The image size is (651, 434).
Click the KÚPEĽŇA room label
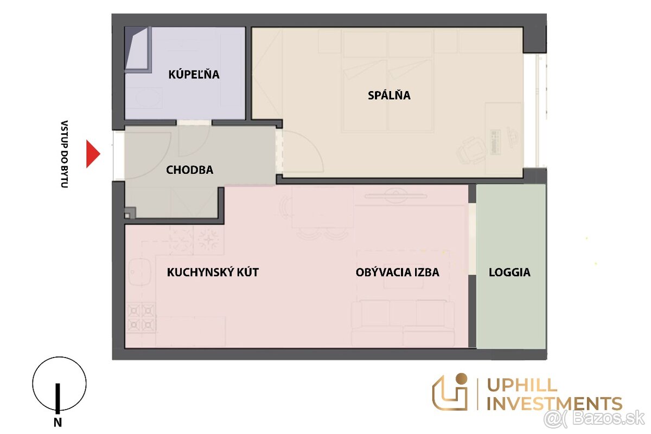[194, 74]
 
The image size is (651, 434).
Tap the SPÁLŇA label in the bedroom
[389, 95]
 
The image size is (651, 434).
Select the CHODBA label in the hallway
[189, 170]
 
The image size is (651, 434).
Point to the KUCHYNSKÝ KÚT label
[213, 272]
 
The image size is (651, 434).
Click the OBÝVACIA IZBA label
[397, 272]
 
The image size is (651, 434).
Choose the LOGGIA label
[509, 273]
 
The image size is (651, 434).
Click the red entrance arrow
[93, 154]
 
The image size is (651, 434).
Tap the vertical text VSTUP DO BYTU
[64, 154]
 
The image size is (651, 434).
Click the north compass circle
[59, 384]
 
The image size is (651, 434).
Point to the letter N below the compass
[58, 423]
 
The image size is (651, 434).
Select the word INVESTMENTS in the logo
[554, 404]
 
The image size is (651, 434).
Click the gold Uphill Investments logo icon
[450, 392]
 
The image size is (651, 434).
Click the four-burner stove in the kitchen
[141, 318]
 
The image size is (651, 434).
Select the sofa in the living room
[403, 323]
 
